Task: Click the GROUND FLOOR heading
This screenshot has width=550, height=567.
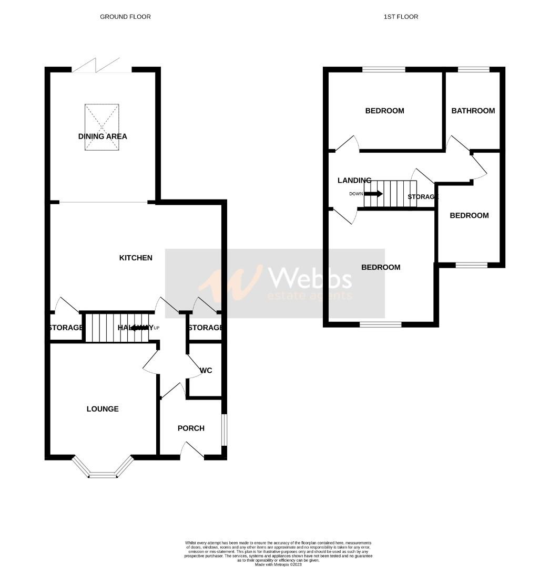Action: click(x=125, y=17)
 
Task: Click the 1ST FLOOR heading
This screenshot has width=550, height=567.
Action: click(x=401, y=17)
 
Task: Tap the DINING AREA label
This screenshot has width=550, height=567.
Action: click(x=103, y=136)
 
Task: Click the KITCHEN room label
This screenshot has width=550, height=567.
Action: click(x=136, y=258)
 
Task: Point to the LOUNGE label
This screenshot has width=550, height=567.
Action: click(x=103, y=409)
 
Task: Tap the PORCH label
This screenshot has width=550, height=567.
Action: click(x=191, y=428)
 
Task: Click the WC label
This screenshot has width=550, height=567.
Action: click(x=206, y=371)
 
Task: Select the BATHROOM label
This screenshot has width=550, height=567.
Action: click(x=473, y=111)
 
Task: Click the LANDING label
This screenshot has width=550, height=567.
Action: click(x=354, y=181)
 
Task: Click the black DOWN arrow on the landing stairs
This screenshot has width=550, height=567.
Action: click(x=373, y=194)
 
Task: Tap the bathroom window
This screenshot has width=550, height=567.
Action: click(x=473, y=69)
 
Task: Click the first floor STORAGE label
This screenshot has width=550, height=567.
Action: click(x=423, y=197)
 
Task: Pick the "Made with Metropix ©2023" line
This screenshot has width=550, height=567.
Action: click(x=278, y=564)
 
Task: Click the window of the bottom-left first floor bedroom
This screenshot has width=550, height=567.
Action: click(x=381, y=324)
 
